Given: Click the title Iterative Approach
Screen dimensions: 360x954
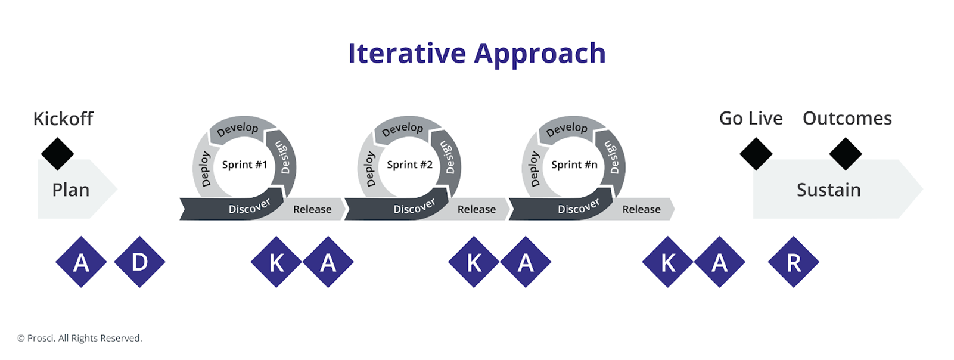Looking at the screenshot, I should pyautogui.click(x=477, y=54).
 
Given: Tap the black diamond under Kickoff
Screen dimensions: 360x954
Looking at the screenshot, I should pyautogui.click(x=57, y=154).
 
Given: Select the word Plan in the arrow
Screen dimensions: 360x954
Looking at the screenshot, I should pyautogui.click(x=70, y=190).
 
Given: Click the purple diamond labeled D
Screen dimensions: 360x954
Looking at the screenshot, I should pyautogui.click(x=139, y=262).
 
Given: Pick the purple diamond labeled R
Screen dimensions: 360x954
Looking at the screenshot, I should pyautogui.click(x=793, y=262).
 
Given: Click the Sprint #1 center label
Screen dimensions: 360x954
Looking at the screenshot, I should pyautogui.click(x=244, y=165).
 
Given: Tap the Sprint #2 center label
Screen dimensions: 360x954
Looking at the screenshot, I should pyautogui.click(x=409, y=165).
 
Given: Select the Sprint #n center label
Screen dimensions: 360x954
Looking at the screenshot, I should pyautogui.click(x=574, y=165).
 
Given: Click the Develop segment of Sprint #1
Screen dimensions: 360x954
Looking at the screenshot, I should pyautogui.click(x=237, y=129).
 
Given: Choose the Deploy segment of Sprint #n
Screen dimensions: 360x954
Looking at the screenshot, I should pyautogui.click(x=534, y=169).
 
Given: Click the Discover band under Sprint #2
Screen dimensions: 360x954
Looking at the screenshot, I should pyautogui.click(x=414, y=207).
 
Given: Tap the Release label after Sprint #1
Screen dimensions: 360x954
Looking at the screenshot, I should pyautogui.click(x=312, y=209).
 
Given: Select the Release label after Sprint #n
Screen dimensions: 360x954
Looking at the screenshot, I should pyautogui.click(x=641, y=209).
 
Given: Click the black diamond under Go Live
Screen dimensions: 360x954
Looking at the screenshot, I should pyautogui.click(x=756, y=154).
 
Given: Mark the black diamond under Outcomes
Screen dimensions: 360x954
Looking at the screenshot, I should pyautogui.click(x=846, y=154).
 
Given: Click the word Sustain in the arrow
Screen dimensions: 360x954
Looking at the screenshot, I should pyautogui.click(x=828, y=190).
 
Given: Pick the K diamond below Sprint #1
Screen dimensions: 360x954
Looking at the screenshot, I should pyautogui.click(x=276, y=262).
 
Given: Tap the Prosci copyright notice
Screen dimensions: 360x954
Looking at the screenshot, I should pyautogui.click(x=80, y=338).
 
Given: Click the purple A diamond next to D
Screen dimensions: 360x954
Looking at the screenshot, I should pyautogui.click(x=81, y=262).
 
